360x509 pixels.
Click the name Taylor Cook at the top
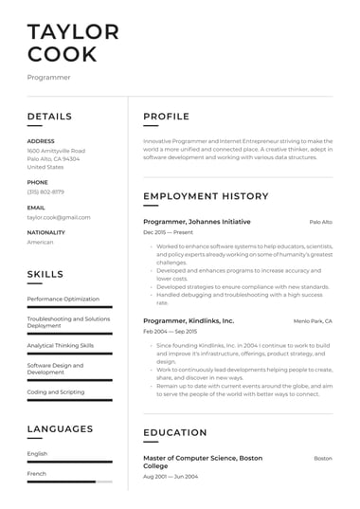pos(73,43)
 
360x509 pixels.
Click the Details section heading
pos(49,117)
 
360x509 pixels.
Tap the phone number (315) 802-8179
pos(45,191)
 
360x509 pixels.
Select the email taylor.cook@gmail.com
pos(59,217)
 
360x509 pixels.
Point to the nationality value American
pos(41,242)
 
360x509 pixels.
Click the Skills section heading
pos(45,274)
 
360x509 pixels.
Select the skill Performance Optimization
pos(63,299)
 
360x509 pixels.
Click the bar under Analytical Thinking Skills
pos(69,354)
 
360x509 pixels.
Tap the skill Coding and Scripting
pos(56,391)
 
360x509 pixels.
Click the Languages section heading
pos(60,428)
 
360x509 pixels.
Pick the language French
pos(37,473)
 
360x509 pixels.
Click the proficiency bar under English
pos(69,462)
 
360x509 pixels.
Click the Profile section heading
pos(166,117)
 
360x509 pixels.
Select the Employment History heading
pos(206,196)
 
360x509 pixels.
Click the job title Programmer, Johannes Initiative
pos(197,222)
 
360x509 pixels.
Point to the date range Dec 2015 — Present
pos(168,232)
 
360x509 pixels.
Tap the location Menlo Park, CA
pos(313,321)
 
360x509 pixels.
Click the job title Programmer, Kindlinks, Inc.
pos(189,321)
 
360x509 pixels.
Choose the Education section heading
pos(175,433)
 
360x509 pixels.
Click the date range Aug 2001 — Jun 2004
pos(171,476)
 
